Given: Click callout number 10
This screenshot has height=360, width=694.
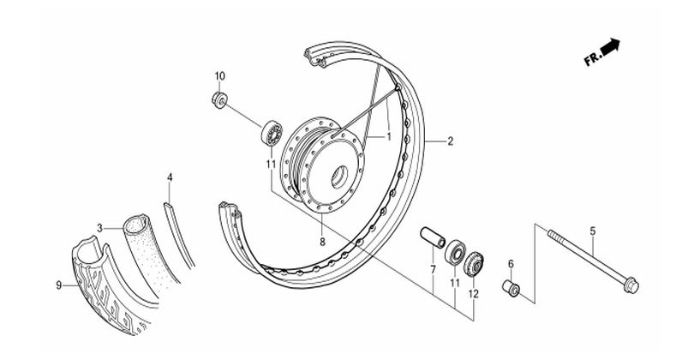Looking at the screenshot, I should tap(219, 76).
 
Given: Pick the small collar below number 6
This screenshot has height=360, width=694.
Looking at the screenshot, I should tap(512, 287).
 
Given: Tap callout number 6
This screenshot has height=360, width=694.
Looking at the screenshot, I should tap(512, 264).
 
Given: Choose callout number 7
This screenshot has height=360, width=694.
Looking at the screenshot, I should tap(434, 270).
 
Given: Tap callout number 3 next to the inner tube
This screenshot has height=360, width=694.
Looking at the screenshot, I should tap(100, 227).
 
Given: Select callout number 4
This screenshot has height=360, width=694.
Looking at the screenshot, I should tap(170, 177).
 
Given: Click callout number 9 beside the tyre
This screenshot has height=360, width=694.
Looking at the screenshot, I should tap(59, 285).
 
